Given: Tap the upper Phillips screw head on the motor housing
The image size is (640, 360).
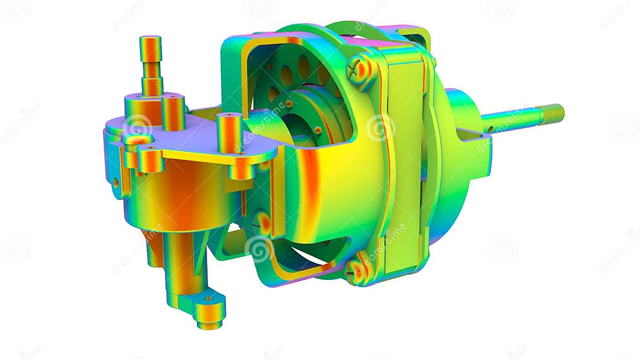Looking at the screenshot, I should pos(360,69).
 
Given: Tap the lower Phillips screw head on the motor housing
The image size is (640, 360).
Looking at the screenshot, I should pos(357,271).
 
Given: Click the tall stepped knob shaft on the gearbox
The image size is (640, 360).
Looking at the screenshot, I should pos(151,65).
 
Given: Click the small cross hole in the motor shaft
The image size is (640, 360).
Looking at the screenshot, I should pos(491,129).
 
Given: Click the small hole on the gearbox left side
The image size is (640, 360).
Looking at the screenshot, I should pos(116,183).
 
